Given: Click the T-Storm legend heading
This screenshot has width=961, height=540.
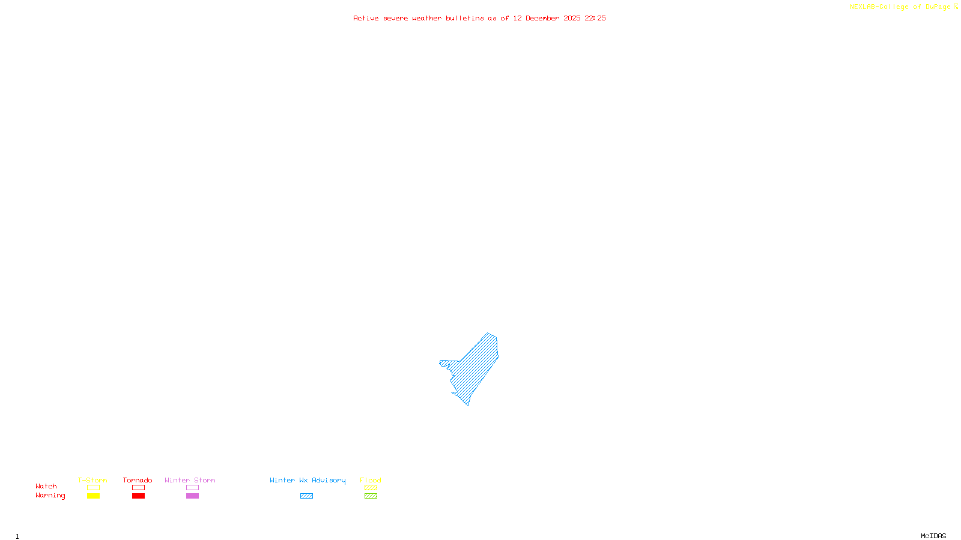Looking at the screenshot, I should coord(92,480).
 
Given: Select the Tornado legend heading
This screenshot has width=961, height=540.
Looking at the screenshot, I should coord(138,480).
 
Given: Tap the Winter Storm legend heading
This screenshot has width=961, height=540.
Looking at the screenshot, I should coord(190,480).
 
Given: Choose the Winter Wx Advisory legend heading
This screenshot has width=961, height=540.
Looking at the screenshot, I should coord(308,480).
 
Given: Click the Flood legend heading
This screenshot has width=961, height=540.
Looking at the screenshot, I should coord(371,480).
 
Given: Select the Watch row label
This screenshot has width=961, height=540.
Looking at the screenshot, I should coord(46,486).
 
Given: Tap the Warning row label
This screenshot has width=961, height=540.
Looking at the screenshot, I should coord(50,496).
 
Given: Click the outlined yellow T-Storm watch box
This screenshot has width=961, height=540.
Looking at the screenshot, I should coord(93,488).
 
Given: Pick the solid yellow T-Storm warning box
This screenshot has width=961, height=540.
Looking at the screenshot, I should coord(93,496).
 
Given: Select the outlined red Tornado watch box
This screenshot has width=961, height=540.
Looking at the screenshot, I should coord(138,488).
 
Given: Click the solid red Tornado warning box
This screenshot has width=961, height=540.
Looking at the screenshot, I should coord(138,496).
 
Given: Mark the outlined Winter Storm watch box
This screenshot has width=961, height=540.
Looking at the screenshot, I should coord(192,488).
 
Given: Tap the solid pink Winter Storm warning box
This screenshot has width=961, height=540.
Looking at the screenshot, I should coord(192,496).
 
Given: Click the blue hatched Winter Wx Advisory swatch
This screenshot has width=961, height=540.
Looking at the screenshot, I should coord(306,496).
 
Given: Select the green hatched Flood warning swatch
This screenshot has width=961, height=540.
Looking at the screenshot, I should coord(371,496).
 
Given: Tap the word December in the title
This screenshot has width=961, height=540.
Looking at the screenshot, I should coord(542,18).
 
